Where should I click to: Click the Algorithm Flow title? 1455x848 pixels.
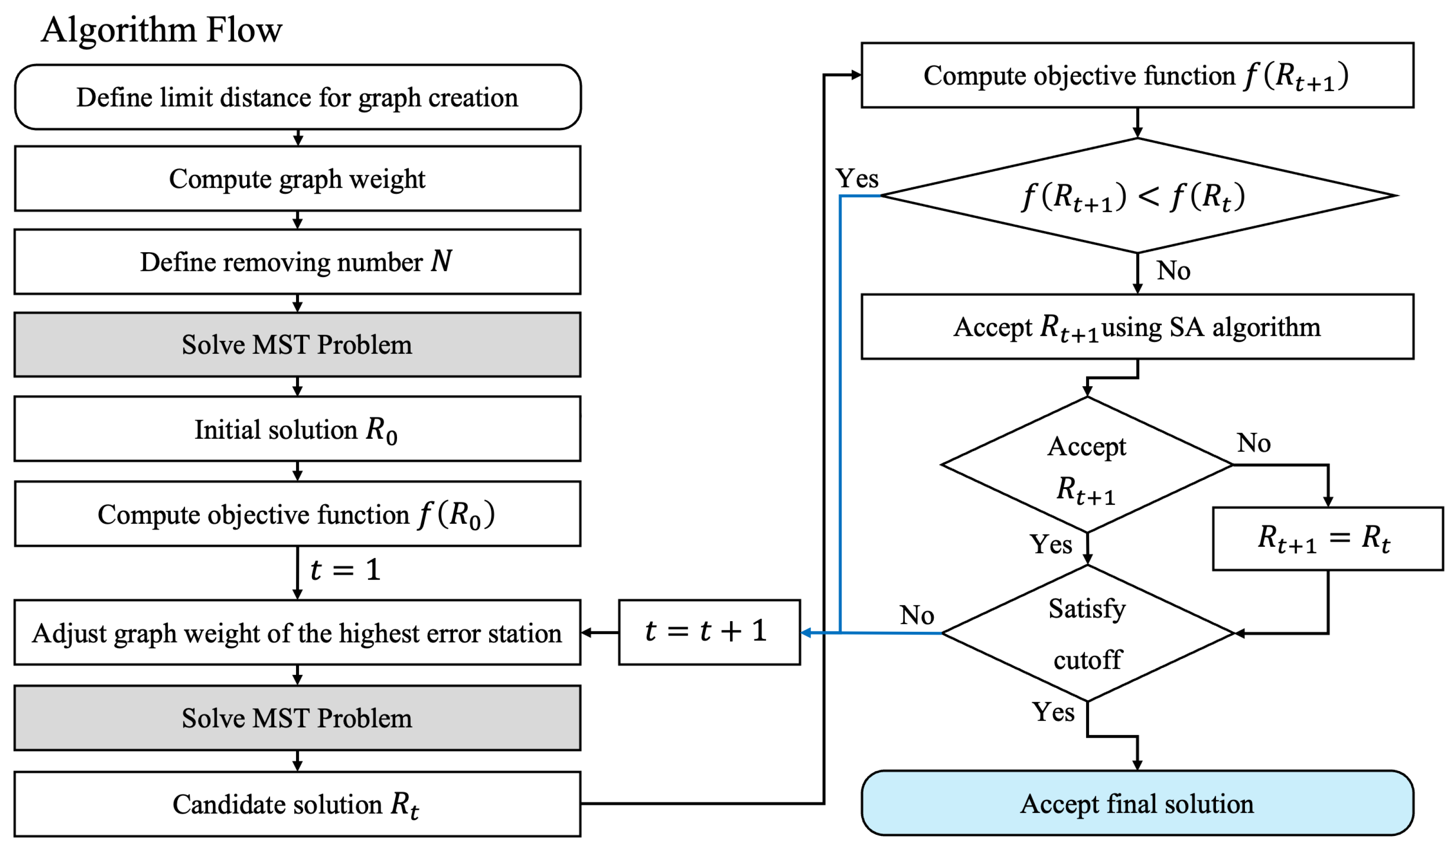(x=162, y=30)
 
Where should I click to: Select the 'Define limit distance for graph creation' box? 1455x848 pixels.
(x=297, y=97)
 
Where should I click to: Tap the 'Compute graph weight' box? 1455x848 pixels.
(x=297, y=178)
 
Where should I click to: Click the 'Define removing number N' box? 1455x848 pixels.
(x=297, y=262)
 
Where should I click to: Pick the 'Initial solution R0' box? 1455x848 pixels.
(x=297, y=429)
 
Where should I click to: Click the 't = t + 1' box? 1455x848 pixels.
(x=709, y=632)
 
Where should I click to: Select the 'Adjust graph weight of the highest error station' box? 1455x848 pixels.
(x=297, y=633)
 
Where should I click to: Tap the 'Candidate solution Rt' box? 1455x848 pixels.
(x=297, y=804)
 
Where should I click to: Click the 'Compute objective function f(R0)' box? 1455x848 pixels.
(x=297, y=514)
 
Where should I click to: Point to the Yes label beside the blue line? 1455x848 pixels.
(x=857, y=178)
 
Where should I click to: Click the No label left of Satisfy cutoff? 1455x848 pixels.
(x=917, y=615)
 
